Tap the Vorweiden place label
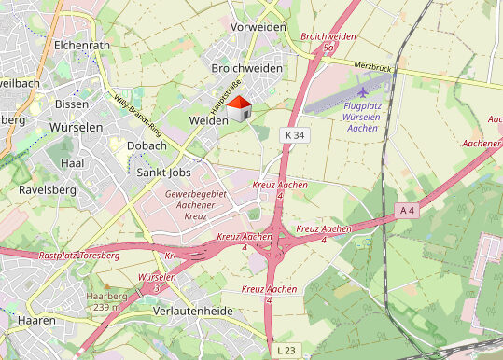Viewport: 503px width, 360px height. click(x=258, y=27)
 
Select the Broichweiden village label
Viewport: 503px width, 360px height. click(x=247, y=69)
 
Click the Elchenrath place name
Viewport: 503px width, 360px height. click(x=82, y=44)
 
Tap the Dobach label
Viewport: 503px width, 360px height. click(x=147, y=145)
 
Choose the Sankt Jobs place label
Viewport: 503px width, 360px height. click(x=164, y=173)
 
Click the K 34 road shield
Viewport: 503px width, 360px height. click(x=293, y=135)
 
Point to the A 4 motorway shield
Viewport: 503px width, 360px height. click(x=406, y=210)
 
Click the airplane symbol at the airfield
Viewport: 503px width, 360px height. click(x=363, y=91)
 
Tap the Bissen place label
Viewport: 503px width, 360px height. click(x=72, y=104)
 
